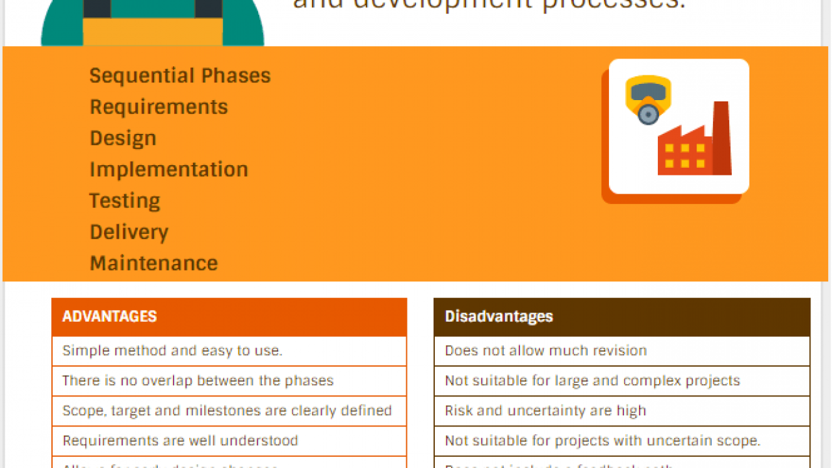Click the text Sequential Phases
click(x=180, y=76)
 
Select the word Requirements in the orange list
click(x=159, y=107)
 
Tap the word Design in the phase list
click(x=123, y=138)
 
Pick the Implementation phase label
click(x=169, y=170)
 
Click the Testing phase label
click(x=125, y=201)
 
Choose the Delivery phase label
click(x=129, y=232)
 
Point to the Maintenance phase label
click(x=153, y=263)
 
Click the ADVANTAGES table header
click(x=109, y=317)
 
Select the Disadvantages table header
click(x=499, y=317)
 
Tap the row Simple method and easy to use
click(x=172, y=351)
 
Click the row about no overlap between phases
click(x=198, y=381)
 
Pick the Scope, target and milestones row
click(x=227, y=411)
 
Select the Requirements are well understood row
click(x=180, y=441)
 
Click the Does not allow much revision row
click(x=545, y=351)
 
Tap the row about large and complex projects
click(x=592, y=381)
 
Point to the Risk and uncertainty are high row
click(x=545, y=411)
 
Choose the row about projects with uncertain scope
click(x=603, y=441)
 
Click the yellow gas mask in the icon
click(x=648, y=98)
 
